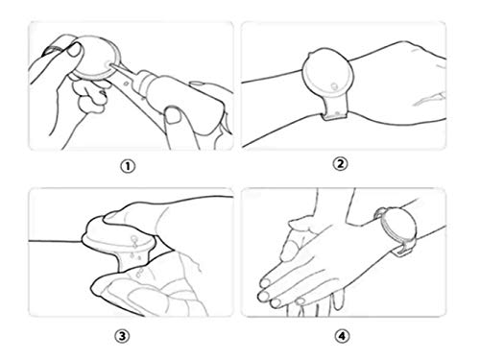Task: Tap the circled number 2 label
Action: point(340,162)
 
